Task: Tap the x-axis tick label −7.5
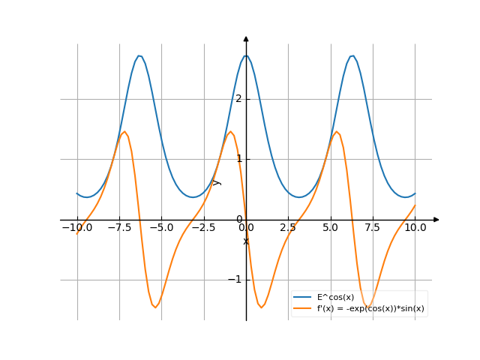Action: (x=118, y=227)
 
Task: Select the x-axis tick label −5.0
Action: (x=160, y=227)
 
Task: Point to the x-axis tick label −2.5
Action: (x=202, y=227)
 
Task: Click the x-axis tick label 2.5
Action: (x=288, y=227)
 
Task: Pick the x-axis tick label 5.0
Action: (x=330, y=227)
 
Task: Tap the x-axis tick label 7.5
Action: (x=373, y=227)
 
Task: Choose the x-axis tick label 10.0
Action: (x=415, y=227)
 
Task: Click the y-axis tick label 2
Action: (x=239, y=99)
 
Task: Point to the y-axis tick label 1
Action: (x=239, y=159)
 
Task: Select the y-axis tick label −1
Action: (x=236, y=280)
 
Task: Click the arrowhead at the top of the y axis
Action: (x=246, y=37)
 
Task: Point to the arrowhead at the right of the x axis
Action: (x=436, y=220)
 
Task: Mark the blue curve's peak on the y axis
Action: (x=246, y=55)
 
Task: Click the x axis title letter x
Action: (x=246, y=241)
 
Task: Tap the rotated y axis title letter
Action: (x=217, y=182)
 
